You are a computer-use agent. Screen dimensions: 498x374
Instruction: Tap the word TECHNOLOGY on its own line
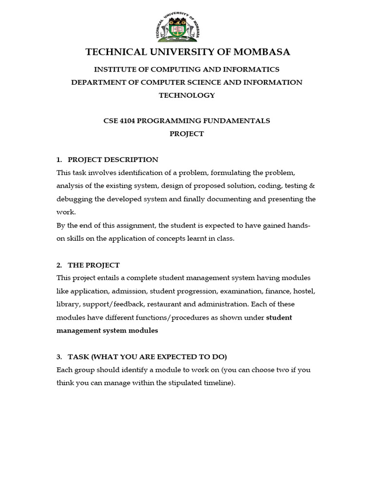pos(187,95)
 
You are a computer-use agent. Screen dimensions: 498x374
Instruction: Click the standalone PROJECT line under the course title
pos(187,134)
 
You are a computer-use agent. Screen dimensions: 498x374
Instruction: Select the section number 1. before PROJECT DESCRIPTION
pos(59,160)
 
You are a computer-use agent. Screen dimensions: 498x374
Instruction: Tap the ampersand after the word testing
pos(313,186)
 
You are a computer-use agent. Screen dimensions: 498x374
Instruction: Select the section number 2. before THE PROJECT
pos(59,265)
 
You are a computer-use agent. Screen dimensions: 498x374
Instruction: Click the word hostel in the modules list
pos(305,291)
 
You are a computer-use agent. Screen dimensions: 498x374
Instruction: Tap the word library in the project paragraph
pos(68,304)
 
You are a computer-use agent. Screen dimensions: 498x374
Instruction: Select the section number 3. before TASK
pos(59,356)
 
